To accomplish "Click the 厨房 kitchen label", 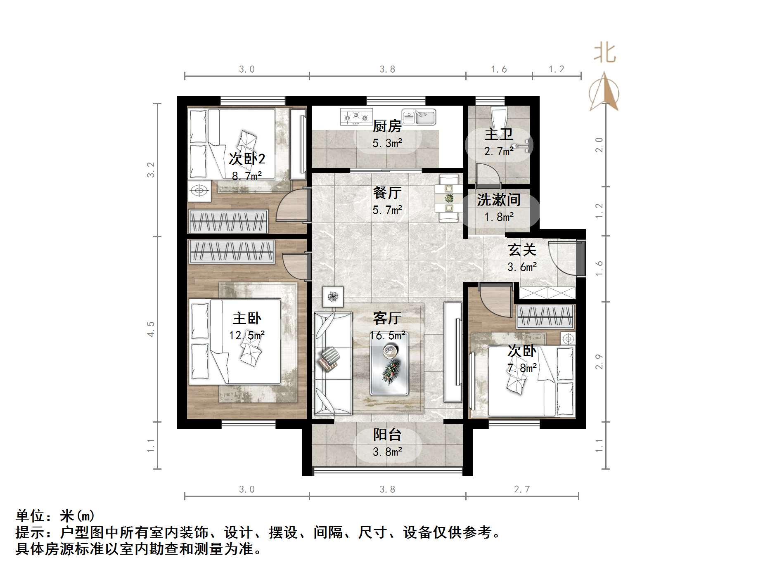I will (387, 126).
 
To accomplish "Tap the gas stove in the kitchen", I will (355, 116).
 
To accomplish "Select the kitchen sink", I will (419, 117).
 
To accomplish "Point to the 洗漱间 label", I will (498, 200).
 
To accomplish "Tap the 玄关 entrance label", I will (522, 250).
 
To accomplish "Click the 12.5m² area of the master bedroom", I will (247, 335).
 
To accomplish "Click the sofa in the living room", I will (333, 363).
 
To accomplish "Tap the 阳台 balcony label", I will (387, 435).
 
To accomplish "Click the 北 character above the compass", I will (605, 53).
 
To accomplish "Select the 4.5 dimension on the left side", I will (151, 329).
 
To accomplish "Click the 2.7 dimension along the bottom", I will (522, 489).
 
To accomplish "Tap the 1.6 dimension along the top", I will (499, 69).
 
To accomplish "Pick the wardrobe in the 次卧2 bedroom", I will (228, 221).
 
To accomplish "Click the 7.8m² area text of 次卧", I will (522, 368).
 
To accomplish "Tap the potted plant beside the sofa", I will (333, 296).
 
